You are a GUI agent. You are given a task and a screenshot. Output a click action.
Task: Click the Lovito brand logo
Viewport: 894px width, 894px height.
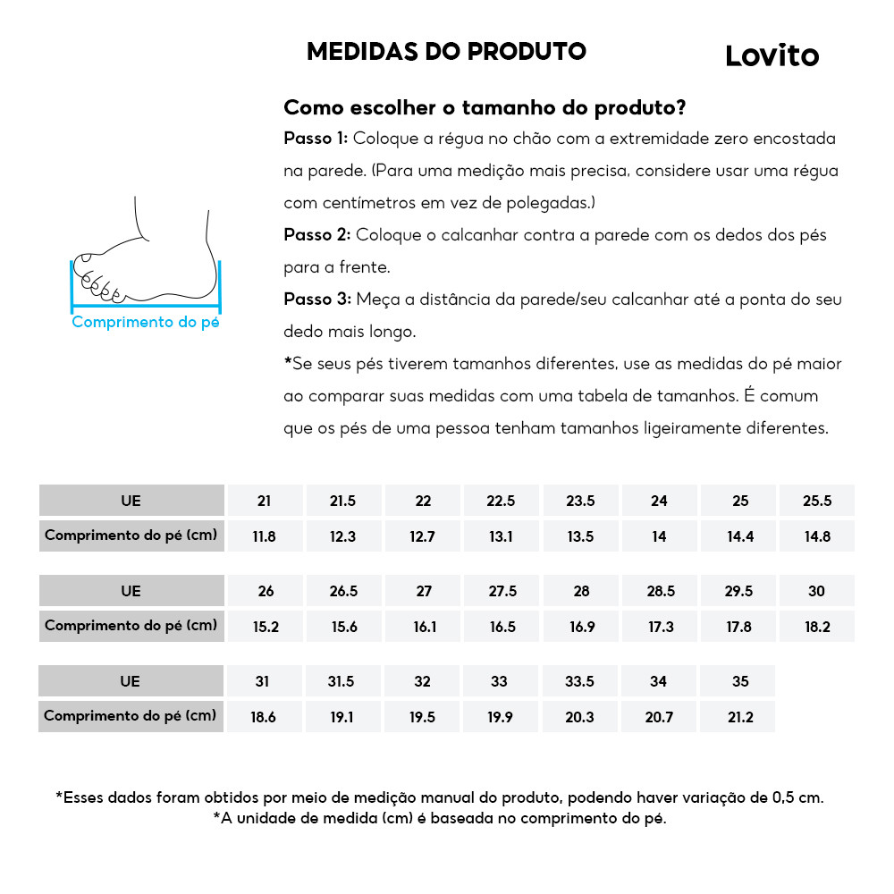point(772,55)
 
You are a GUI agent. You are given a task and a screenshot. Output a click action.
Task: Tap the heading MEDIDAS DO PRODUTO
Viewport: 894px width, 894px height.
point(446,51)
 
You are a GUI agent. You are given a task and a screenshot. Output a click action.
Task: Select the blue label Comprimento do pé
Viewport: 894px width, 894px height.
point(145,322)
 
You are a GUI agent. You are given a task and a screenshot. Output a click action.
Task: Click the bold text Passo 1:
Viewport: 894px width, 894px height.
point(316,139)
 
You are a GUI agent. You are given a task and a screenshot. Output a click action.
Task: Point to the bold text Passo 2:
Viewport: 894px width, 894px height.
point(316,235)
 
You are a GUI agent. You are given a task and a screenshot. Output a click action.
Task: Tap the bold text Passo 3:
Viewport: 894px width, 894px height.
point(316,299)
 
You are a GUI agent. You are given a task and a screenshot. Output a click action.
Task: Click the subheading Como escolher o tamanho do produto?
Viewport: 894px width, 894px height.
point(485,108)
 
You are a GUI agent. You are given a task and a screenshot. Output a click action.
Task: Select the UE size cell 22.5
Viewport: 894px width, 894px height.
point(501,501)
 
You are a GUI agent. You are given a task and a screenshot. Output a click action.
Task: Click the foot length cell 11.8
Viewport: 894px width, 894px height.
point(264,536)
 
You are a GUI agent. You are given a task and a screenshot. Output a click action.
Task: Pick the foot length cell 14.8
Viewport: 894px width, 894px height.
point(817,536)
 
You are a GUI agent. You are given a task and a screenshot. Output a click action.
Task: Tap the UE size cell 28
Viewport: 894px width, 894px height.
point(581,591)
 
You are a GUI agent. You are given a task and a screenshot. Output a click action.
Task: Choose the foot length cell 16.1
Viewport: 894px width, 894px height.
point(425,627)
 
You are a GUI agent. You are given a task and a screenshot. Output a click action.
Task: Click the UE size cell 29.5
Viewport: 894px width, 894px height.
point(739,591)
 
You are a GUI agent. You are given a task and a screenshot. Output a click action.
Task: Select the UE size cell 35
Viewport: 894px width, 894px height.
point(739,681)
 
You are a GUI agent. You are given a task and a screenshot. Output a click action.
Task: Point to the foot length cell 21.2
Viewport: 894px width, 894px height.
point(739,717)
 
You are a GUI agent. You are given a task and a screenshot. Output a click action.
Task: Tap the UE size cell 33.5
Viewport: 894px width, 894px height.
point(580,681)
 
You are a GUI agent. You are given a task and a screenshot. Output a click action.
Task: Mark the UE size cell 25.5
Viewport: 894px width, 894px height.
point(817,501)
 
